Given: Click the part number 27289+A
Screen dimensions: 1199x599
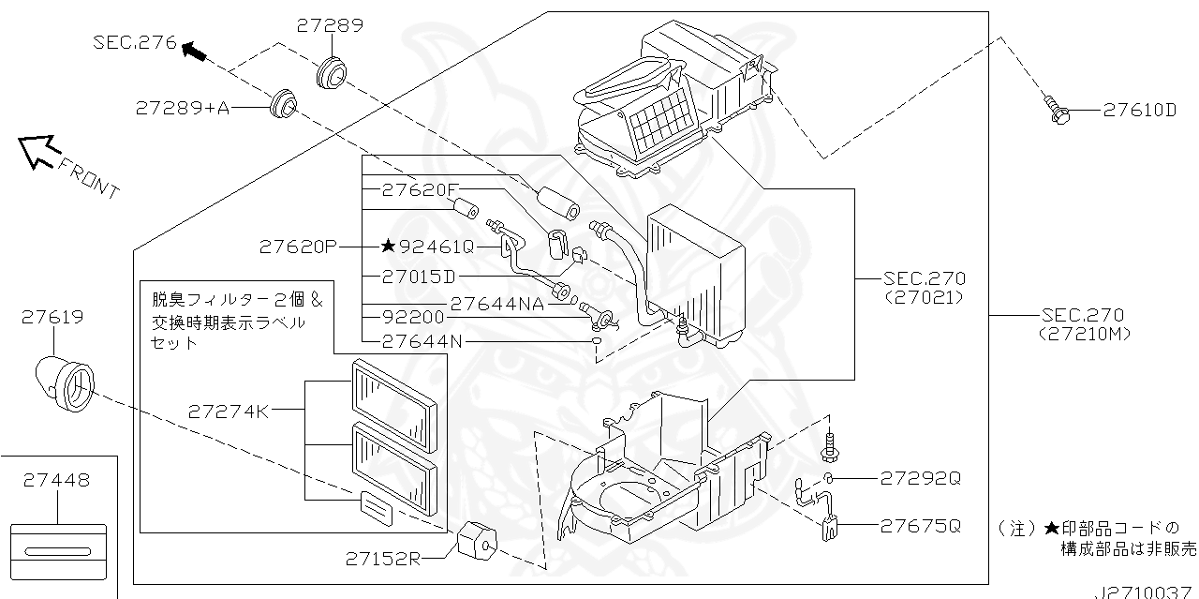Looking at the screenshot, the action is (183, 108).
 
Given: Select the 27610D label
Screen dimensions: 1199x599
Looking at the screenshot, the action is (1140, 111).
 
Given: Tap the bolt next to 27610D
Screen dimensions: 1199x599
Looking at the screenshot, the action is (1056, 111).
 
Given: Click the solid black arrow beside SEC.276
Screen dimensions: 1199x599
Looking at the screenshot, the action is (194, 52).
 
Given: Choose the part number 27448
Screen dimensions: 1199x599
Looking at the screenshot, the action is (56, 480).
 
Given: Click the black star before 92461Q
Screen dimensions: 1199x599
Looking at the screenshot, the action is (388, 246).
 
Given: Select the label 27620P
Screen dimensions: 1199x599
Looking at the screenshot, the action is (298, 247).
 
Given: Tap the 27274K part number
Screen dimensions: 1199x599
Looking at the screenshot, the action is (228, 412).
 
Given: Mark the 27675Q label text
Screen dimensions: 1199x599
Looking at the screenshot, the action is (921, 526).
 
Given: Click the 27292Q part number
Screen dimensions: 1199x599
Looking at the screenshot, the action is (921, 478).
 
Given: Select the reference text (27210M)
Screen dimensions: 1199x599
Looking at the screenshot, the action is (1084, 335).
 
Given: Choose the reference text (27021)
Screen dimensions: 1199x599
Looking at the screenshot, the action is (924, 297).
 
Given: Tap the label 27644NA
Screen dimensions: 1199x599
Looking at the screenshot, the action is (497, 305).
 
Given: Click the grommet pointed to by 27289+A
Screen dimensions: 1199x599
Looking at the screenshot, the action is (282, 104).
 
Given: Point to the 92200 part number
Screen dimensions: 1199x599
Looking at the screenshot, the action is (413, 317).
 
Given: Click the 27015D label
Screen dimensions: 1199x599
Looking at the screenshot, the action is (419, 277).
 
